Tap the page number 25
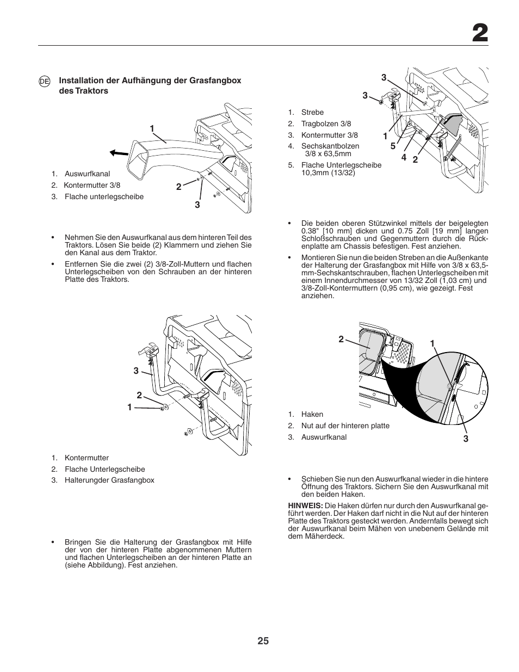click(x=263, y=641)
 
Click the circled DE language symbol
click(x=45, y=81)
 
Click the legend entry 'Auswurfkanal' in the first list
click(x=87, y=174)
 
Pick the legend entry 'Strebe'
click(x=312, y=113)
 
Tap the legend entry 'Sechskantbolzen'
click(x=330, y=146)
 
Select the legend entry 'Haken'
click(x=312, y=415)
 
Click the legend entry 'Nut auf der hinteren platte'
click(x=345, y=426)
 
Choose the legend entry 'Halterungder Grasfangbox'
click(x=109, y=480)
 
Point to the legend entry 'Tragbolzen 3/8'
click(x=326, y=124)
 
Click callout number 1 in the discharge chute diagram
click(x=152, y=128)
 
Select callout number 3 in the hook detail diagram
click(x=466, y=439)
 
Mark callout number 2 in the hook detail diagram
click(x=341, y=339)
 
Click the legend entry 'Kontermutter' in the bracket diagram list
click(x=86, y=458)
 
